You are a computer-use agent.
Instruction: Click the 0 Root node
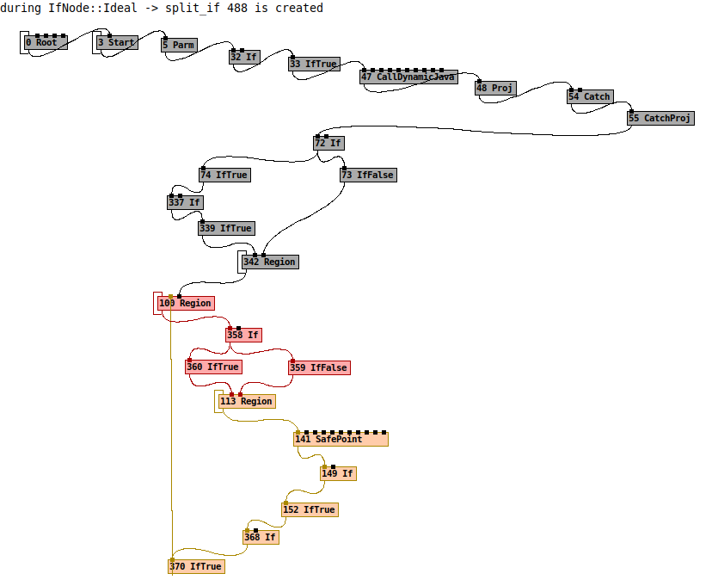pos(46,42)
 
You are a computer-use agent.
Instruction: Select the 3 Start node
pos(116,42)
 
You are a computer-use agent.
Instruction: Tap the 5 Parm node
pos(179,45)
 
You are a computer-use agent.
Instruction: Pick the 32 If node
pos(245,57)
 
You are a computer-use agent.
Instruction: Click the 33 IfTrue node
pos(313,64)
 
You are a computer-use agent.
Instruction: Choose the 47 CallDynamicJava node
pos(408,77)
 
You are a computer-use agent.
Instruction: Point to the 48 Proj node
pos(495,88)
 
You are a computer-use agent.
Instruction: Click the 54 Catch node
pos(590,96)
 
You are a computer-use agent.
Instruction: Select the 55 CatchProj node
pos(660,118)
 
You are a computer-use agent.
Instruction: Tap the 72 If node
pos(328,143)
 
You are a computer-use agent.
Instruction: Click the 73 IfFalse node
pos(368,175)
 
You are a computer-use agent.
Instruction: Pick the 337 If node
pos(185,202)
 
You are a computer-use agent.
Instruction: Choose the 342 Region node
pos(270,262)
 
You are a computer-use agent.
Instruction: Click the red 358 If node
pos(243,335)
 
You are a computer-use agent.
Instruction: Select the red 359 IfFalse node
pos(319,367)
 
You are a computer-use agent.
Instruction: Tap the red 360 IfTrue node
pos(213,367)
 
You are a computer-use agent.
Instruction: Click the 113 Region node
pos(246,401)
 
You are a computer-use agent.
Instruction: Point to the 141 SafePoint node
pos(341,439)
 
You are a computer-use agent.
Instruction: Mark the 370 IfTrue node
pos(196,566)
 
